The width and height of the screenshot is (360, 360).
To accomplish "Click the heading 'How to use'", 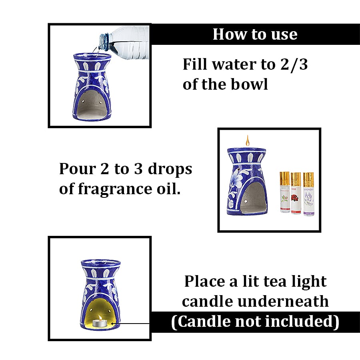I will tap(255, 34).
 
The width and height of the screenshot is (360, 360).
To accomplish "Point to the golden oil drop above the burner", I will tap(247, 141).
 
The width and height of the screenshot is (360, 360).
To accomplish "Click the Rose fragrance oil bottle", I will tap(296, 193).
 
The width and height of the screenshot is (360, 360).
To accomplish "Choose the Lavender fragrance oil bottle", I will tap(308, 193).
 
